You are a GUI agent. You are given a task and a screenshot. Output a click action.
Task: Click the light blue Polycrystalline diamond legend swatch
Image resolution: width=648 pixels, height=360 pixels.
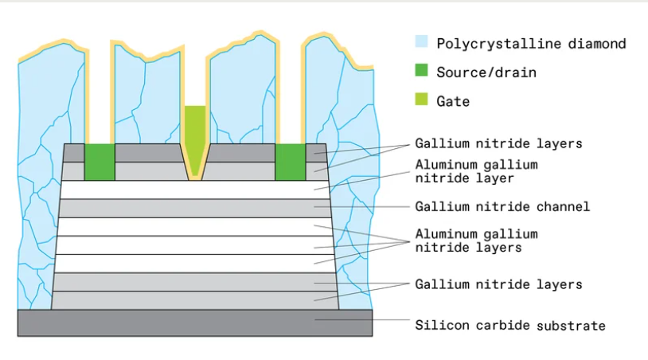coord(422,42)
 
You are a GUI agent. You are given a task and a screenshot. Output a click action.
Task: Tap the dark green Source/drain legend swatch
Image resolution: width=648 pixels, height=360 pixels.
coord(422,72)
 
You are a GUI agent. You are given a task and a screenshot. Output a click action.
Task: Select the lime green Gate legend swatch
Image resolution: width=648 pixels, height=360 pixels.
coord(422,100)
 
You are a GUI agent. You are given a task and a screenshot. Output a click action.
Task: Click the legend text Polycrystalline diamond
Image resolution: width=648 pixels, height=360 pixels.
coord(531,43)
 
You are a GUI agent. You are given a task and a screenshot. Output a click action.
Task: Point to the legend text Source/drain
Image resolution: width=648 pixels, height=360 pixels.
coord(486,72)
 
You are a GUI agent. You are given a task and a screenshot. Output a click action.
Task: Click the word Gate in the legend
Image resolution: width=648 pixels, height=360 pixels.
coord(453,101)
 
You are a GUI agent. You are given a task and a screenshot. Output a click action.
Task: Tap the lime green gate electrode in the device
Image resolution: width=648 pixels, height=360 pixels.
coord(194,131)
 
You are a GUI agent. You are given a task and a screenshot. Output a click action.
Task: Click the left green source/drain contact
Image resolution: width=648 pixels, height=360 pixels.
coord(100,162)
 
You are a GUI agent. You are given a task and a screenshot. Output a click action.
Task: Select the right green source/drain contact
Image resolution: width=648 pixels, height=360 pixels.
coord(290,162)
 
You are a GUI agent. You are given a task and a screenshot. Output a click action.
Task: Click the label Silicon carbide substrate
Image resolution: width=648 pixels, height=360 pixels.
coord(509,325)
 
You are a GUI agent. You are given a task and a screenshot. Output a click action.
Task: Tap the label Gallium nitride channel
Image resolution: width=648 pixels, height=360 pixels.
coord(502,206)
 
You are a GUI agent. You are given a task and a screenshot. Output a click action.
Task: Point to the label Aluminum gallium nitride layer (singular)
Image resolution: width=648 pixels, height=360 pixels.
coord(476,171)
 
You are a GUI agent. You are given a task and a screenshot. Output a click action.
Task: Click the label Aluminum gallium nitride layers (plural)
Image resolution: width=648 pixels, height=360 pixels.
coord(476,241)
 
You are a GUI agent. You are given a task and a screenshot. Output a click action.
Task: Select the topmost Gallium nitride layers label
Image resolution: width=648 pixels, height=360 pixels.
coord(498,143)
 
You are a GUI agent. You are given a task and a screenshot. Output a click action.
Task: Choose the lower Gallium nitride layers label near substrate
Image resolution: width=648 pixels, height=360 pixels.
coord(498,284)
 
